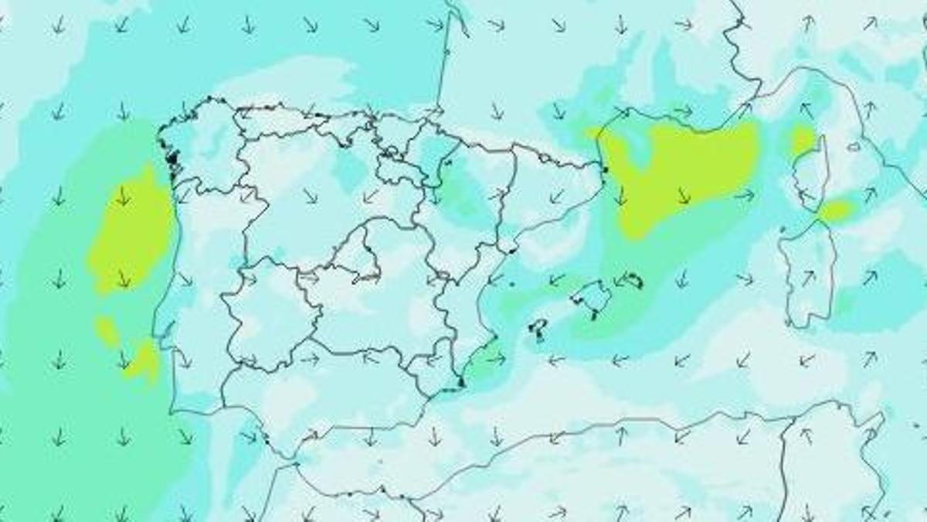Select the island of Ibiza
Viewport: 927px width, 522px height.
coord(538,329)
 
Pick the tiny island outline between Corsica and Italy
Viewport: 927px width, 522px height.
coord(854,146)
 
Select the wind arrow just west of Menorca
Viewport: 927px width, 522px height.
coord(619,280)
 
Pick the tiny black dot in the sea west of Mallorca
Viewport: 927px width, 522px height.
coord(511,284)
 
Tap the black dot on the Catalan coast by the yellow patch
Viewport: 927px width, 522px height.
coord(606,169)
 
